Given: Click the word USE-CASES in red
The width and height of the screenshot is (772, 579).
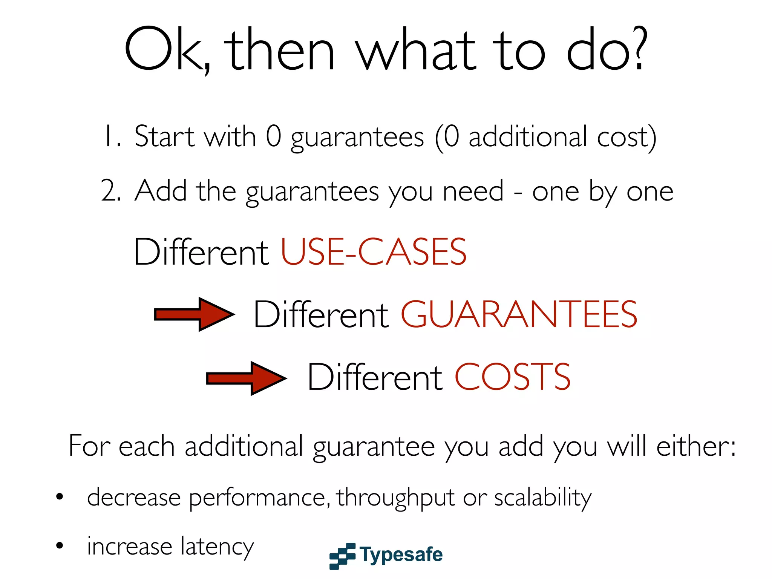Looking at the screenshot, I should coord(374,252).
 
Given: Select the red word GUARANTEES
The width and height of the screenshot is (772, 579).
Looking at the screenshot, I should coord(519,314).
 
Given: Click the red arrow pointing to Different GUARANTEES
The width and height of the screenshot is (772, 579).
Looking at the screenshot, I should coord(195,314).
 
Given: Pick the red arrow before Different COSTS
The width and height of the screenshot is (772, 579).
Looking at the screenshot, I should coord(247,378).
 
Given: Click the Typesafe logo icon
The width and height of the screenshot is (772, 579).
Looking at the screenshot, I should coord(342,556).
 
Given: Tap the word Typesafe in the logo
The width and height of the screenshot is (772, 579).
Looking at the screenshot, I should coord(401,555).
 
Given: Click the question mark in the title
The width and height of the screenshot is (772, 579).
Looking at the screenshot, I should coord(639,49).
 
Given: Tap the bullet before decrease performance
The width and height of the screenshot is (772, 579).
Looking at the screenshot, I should coord(60,497).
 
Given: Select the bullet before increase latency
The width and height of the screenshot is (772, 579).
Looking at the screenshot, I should coord(60,545).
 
